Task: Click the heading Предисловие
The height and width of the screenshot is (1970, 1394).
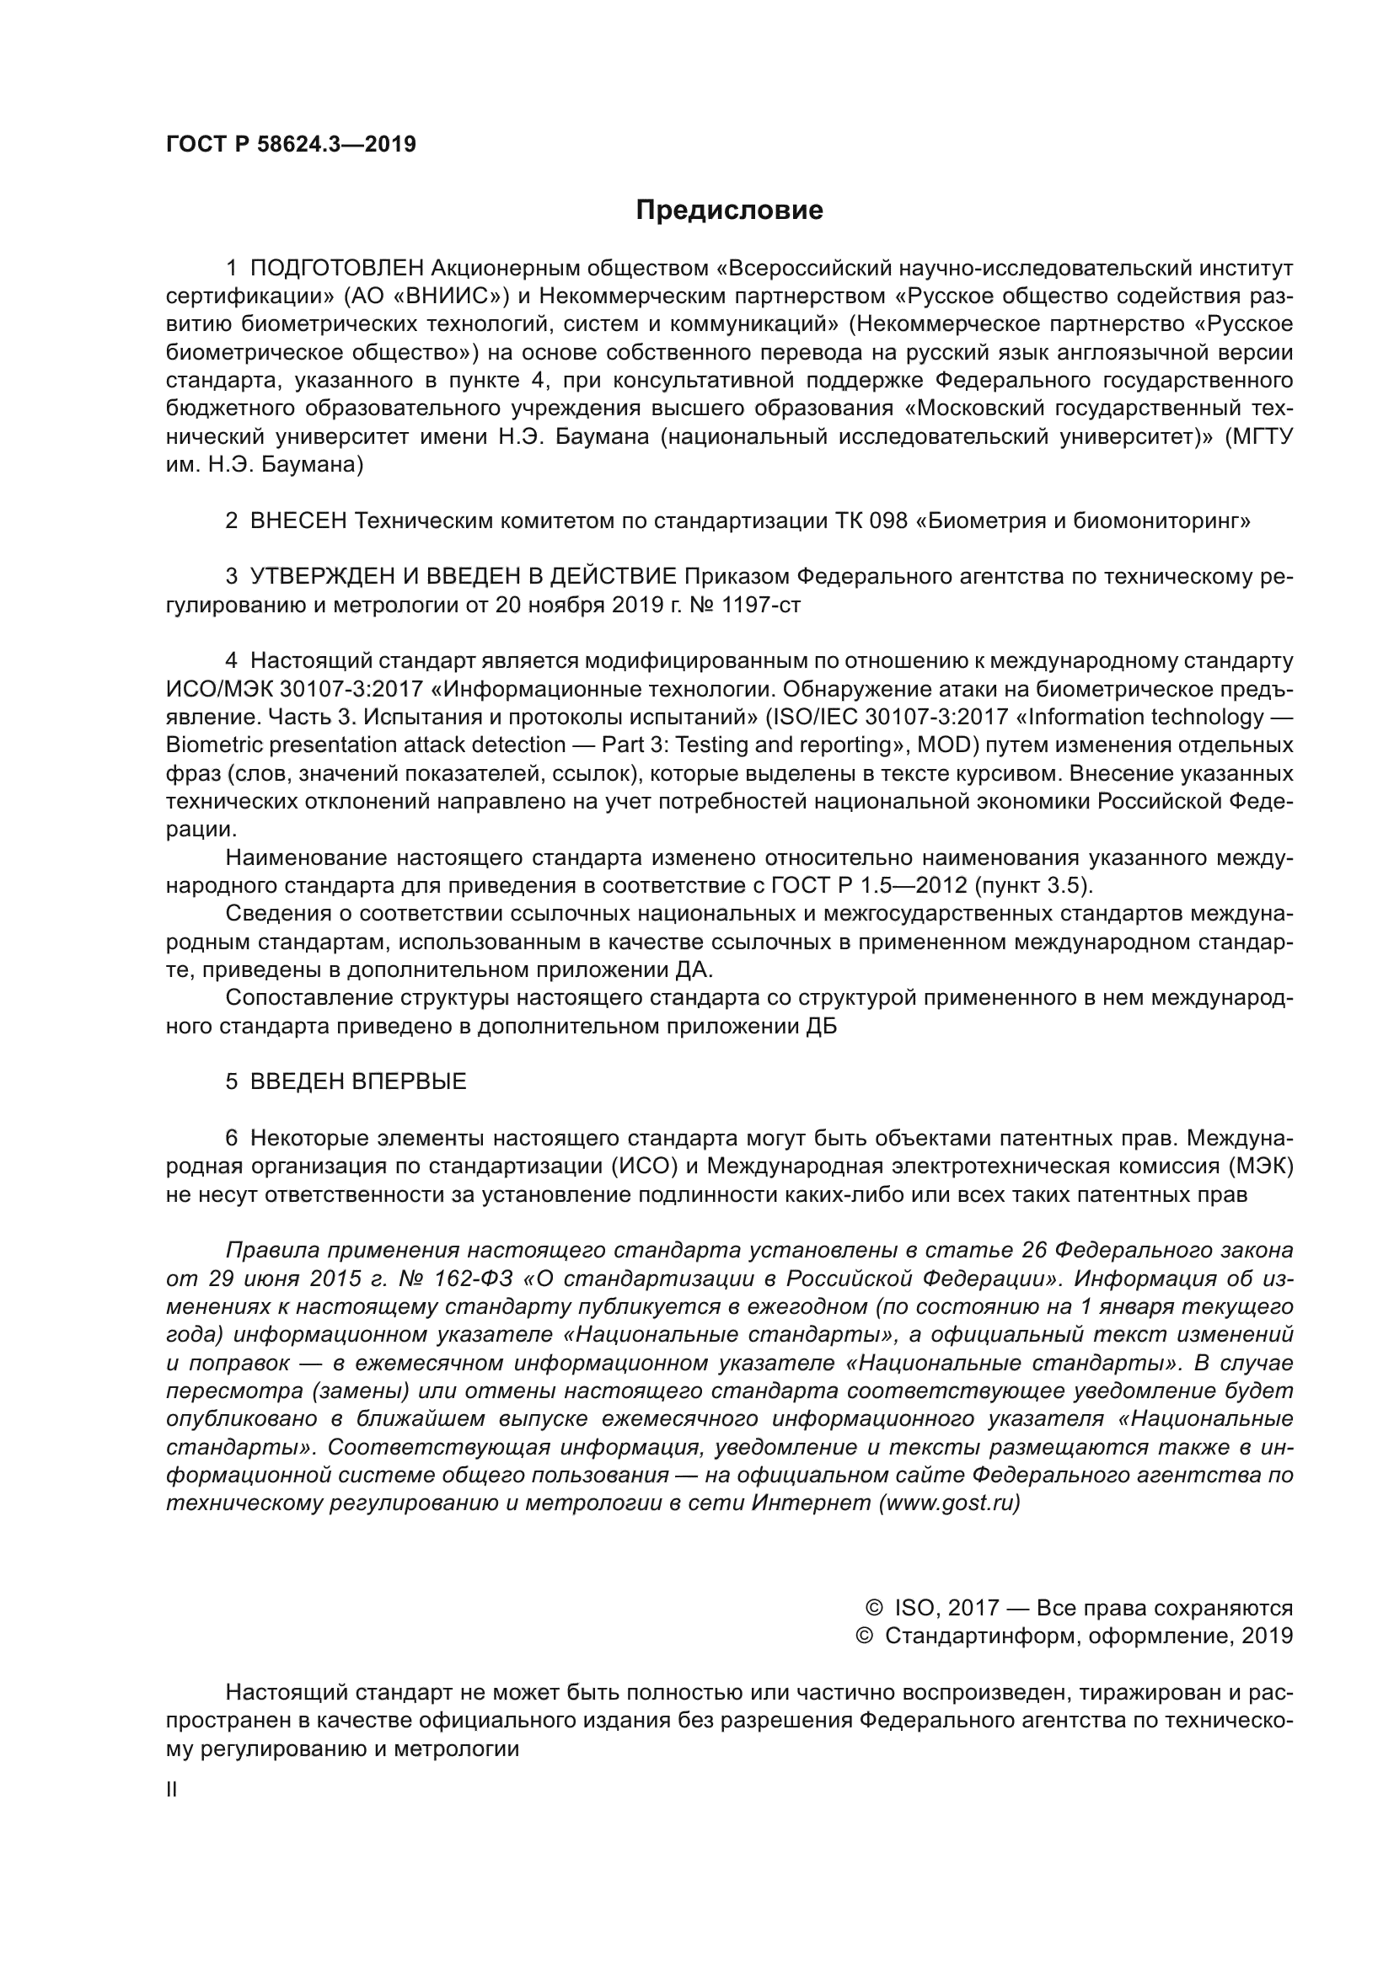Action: [x=729, y=211]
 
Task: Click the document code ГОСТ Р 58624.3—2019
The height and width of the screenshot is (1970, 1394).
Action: [x=291, y=144]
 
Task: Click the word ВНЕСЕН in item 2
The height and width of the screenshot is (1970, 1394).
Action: [x=298, y=521]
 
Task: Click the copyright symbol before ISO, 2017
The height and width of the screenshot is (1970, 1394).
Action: [x=875, y=1607]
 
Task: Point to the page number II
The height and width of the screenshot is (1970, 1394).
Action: [x=172, y=1790]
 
